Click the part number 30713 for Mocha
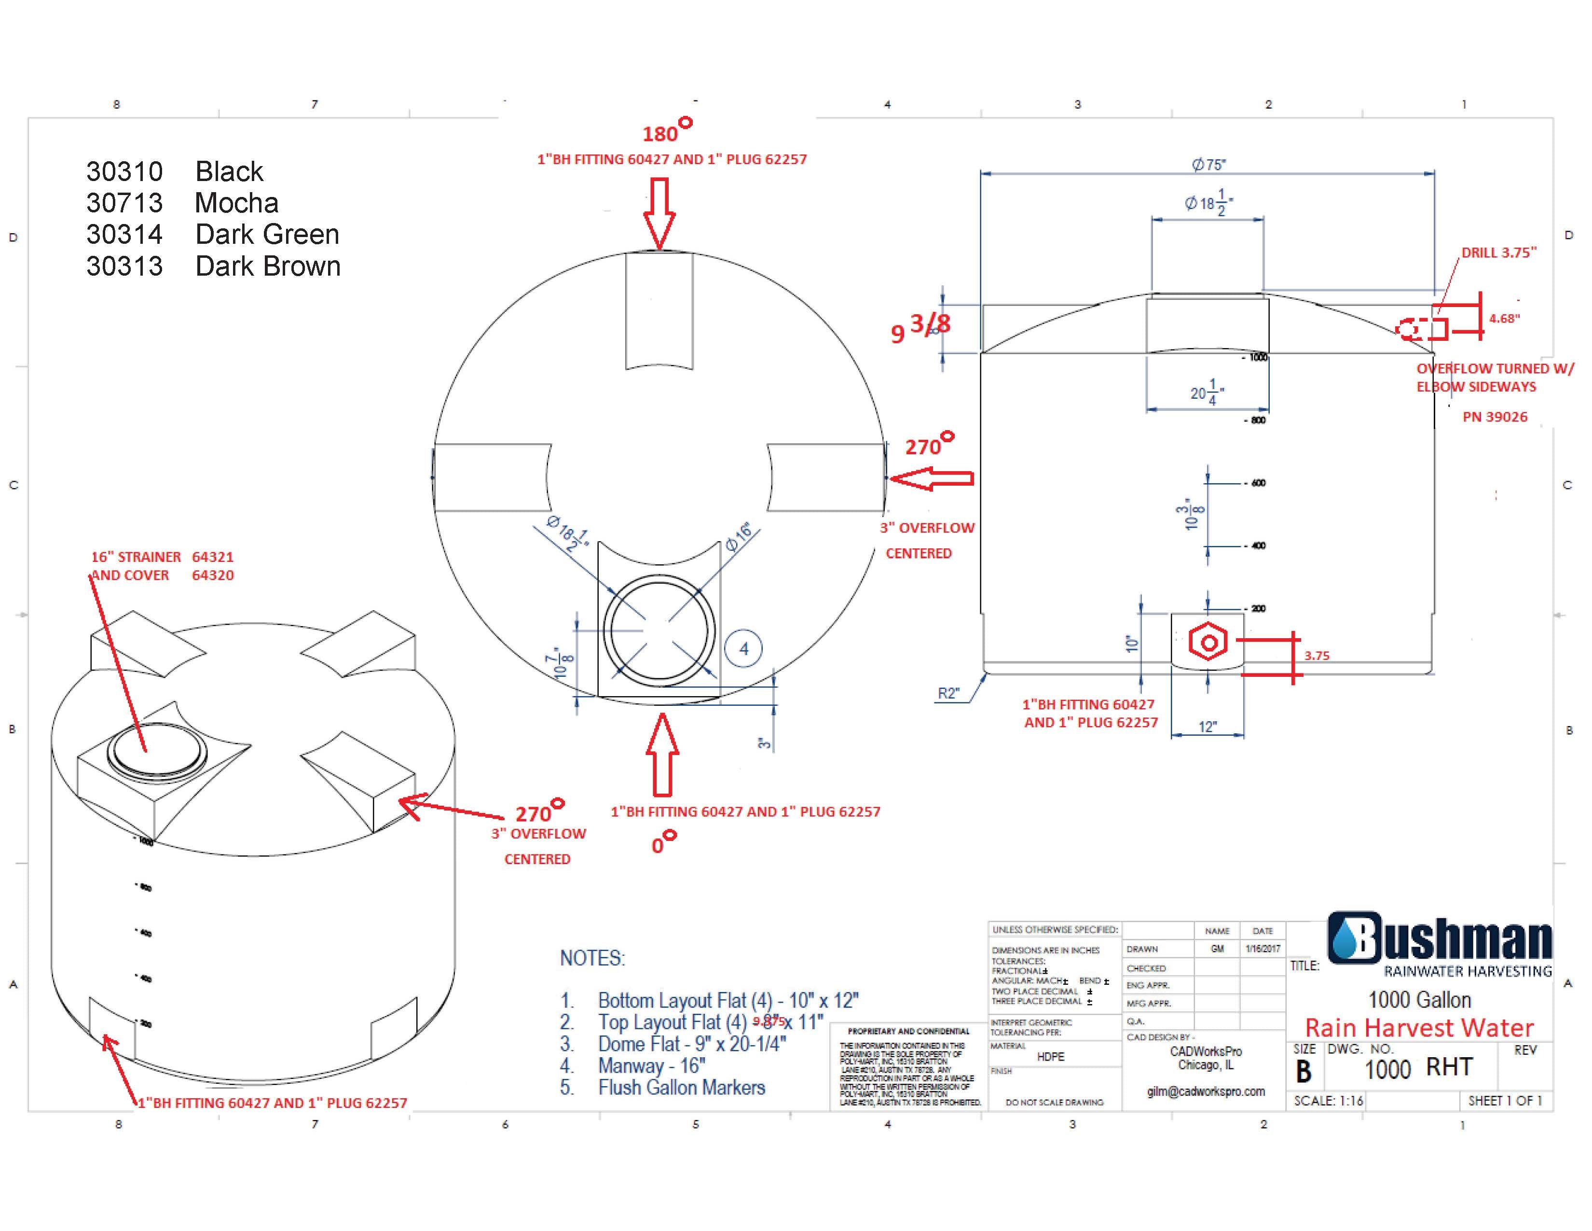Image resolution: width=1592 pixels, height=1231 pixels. [124, 203]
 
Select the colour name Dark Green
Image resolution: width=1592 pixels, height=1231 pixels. [267, 234]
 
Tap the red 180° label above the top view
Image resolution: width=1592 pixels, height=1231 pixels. [666, 132]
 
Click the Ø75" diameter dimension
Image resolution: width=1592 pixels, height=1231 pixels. [1208, 165]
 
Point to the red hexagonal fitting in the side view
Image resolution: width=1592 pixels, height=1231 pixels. [1208, 643]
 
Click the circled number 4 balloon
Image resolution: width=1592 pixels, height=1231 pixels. [743, 648]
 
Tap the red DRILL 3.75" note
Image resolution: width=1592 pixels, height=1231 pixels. [1499, 252]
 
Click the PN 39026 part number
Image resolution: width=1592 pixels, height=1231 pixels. [1495, 417]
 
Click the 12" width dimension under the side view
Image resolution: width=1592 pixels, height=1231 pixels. [1207, 727]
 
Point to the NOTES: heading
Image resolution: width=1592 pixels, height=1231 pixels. [592, 958]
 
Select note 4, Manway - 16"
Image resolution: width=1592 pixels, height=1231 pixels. [651, 1065]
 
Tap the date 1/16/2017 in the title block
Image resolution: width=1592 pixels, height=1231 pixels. [1263, 949]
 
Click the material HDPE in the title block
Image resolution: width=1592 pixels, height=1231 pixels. [1050, 1057]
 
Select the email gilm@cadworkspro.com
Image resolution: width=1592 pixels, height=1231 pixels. [1206, 1091]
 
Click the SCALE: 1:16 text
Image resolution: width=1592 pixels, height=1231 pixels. [1328, 1101]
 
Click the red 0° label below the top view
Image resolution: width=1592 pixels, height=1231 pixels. [662, 843]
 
